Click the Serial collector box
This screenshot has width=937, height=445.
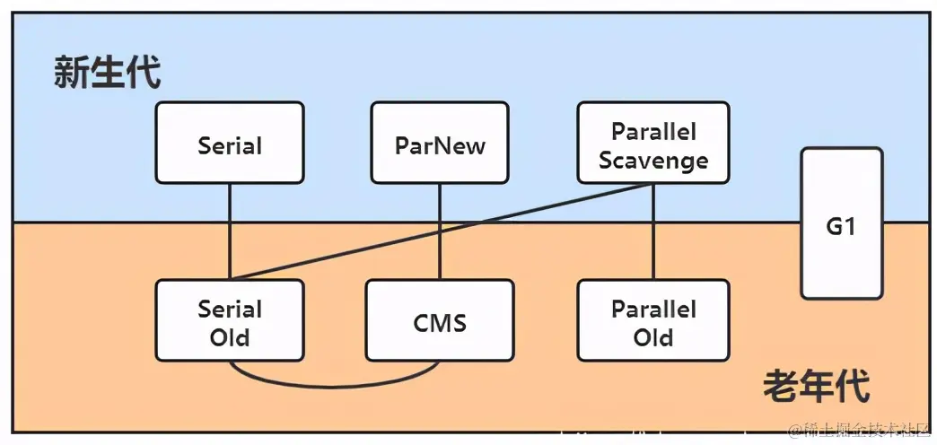tap(230, 144)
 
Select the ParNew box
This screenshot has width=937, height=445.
tap(440, 144)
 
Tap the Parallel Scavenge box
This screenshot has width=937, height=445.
tap(653, 144)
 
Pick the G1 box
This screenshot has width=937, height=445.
tap(841, 224)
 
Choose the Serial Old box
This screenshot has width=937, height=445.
tap(230, 322)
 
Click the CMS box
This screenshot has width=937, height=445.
tap(440, 322)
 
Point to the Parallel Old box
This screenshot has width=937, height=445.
tap(653, 322)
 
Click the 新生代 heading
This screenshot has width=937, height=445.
tap(107, 73)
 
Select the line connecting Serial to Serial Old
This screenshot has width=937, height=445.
tap(230, 231)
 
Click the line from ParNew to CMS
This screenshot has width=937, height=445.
tap(440, 231)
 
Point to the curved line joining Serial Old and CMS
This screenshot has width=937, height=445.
tap(335, 387)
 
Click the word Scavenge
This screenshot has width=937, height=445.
tap(653, 161)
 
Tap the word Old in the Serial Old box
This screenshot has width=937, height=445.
tap(230, 338)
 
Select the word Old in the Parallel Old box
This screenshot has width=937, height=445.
tap(653, 338)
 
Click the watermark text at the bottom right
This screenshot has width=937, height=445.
tap(859, 432)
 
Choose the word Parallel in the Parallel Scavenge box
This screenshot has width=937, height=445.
tap(653, 131)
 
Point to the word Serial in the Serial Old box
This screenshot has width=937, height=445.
tap(230, 310)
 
